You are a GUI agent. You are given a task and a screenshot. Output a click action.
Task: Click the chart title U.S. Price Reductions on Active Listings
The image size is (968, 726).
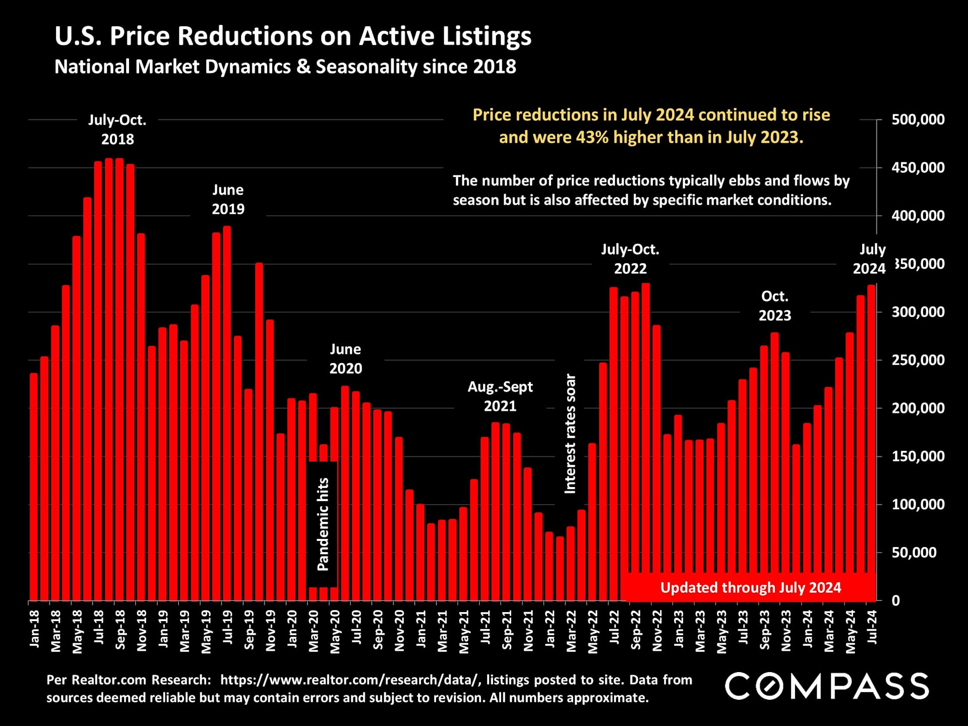click(292, 36)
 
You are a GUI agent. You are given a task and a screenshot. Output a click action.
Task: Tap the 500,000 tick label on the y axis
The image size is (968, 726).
click(918, 120)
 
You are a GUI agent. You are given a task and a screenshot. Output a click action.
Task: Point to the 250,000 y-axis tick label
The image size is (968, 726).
click(918, 360)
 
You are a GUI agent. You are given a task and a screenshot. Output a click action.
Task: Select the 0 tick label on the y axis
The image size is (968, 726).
click(895, 601)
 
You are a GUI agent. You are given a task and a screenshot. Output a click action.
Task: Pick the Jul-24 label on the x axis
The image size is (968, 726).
click(872, 627)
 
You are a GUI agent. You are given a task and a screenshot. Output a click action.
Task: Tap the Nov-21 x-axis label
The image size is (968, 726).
click(528, 631)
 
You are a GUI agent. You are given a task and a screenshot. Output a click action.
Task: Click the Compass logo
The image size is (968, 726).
click(827, 686)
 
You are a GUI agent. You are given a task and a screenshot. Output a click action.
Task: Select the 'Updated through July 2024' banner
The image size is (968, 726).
click(750, 588)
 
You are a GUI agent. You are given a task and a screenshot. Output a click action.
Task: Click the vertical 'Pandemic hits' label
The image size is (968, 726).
click(323, 524)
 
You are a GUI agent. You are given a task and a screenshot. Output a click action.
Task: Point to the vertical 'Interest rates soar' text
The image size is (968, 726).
click(570, 434)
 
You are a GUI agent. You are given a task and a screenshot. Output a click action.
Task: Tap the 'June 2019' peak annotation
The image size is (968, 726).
click(228, 200)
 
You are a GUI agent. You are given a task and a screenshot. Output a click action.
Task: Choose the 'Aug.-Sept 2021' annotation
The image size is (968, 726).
click(500, 396)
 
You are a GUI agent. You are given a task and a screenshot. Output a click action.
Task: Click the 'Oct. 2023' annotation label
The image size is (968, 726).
click(774, 306)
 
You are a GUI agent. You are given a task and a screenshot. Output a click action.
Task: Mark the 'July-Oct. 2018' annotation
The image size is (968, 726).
click(117, 130)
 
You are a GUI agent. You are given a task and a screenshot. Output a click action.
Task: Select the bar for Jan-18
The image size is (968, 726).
click(34, 487)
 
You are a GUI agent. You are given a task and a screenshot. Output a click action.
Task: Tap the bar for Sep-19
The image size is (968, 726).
click(248, 494)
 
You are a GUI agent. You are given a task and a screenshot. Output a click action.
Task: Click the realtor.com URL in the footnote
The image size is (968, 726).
click(350, 680)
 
